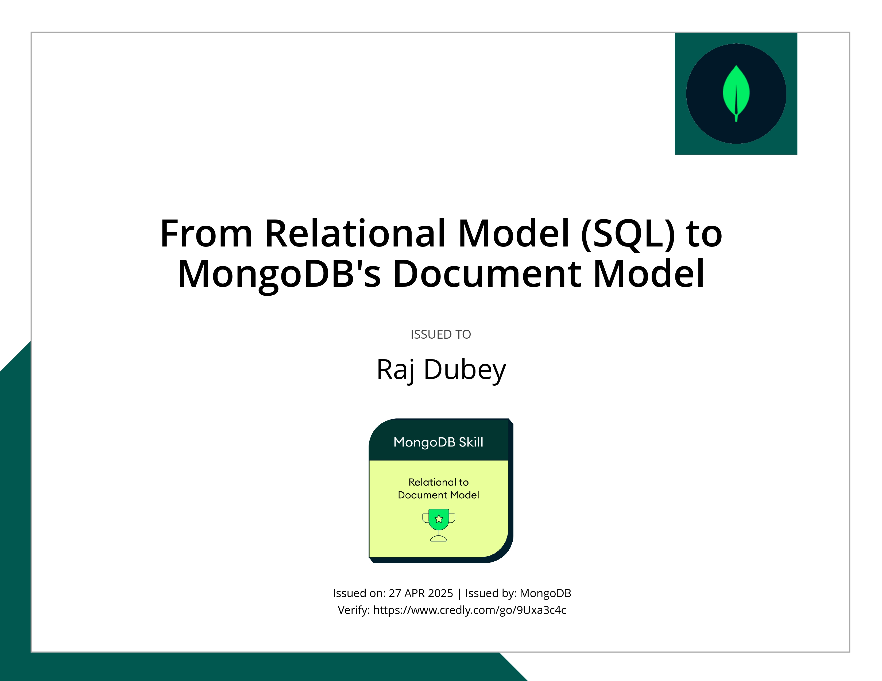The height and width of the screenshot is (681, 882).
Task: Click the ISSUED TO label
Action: pyautogui.click(x=440, y=334)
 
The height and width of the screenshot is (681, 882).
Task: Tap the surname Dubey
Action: pyautogui.click(x=465, y=370)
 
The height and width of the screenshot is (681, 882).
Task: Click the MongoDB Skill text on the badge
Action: pyautogui.click(x=438, y=442)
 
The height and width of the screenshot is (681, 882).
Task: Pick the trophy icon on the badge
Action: pyautogui.click(x=439, y=525)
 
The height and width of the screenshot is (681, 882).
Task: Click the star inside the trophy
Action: pyautogui.click(x=439, y=519)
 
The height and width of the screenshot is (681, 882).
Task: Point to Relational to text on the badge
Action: pyautogui.click(x=438, y=482)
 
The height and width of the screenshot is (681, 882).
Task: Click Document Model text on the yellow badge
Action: pyautogui.click(x=438, y=495)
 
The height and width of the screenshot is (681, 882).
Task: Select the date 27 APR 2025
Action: pyautogui.click(x=420, y=593)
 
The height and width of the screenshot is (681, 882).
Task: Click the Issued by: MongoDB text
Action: pyautogui.click(x=518, y=593)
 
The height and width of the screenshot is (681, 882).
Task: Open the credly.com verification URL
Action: pyautogui.click(x=469, y=610)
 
